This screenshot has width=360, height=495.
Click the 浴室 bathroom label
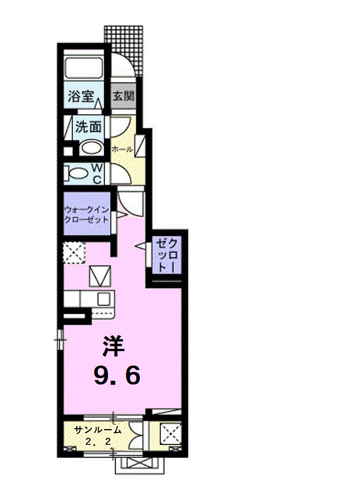81,98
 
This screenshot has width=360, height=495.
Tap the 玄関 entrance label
123,98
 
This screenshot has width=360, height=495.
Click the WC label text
98,174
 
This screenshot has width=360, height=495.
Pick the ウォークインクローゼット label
86,215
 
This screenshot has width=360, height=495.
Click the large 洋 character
113,346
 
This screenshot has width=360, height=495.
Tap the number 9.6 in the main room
117,375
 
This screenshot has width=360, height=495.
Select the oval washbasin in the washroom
91,148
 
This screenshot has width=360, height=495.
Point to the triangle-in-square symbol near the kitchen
99,276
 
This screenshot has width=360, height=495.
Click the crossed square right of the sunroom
171,432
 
